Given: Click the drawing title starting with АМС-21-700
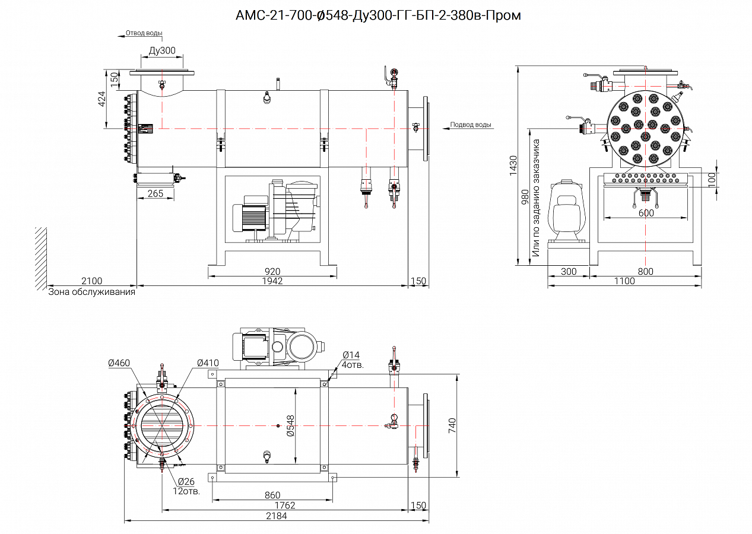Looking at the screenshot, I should pyautogui.click(x=378, y=16).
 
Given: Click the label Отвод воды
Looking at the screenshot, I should pyautogui.click(x=144, y=33).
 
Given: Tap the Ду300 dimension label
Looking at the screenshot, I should pyautogui.click(x=162, y=51).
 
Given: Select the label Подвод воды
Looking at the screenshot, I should pyautogui.click(x=471, y=125).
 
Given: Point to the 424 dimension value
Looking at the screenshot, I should pyautogui.click(x=101, y=98).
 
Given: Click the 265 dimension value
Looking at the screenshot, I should pyautogui.click(x=156, y=193).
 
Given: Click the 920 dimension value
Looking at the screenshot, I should pyautogui.click(x=272, y=272).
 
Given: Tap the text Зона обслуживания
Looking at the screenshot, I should pyautogui.click(x=91, y=291).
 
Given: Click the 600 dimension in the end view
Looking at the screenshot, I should pyautogui.click(x=646, y=213).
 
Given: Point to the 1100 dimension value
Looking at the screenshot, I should pyautogui.click(x=624, y=281).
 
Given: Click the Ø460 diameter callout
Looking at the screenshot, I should pyautogui.click(x=119, y=363).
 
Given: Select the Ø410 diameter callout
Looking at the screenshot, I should pyautogui.click(x=208, y=363).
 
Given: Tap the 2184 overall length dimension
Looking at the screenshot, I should pyautogui.click(x=276, y=516).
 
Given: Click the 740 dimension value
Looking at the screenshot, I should pyautogui.click(x=452, y=424).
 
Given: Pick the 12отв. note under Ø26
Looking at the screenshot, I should pyautogui.click(x=186, y=491).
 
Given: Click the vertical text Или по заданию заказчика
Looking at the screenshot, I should pyautogui.click(x=535, y=198).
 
